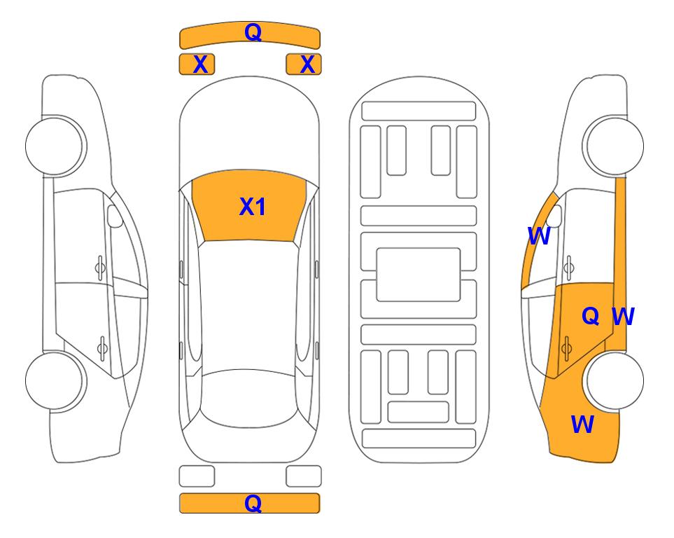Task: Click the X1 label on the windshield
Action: [253, 207]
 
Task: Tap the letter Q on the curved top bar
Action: [253, 32]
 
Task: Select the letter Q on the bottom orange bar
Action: [253, 503]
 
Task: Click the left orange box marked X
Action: [197, 64]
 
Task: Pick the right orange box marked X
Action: [304, 64]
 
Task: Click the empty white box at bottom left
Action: [197, 476]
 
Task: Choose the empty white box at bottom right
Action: [304, 476]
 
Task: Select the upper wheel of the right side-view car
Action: [615, 146]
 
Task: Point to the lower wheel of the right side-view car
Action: [615, 380]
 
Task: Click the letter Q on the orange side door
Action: [591, 316]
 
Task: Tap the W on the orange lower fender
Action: [582, 425]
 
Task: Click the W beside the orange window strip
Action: [539, 236]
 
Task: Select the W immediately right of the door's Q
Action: [623, 317]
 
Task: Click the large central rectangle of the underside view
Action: [419, 275]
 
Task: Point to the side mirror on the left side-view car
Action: [115, 216]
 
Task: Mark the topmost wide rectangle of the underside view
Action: [419, 111]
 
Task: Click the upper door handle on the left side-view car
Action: [100, 268]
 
